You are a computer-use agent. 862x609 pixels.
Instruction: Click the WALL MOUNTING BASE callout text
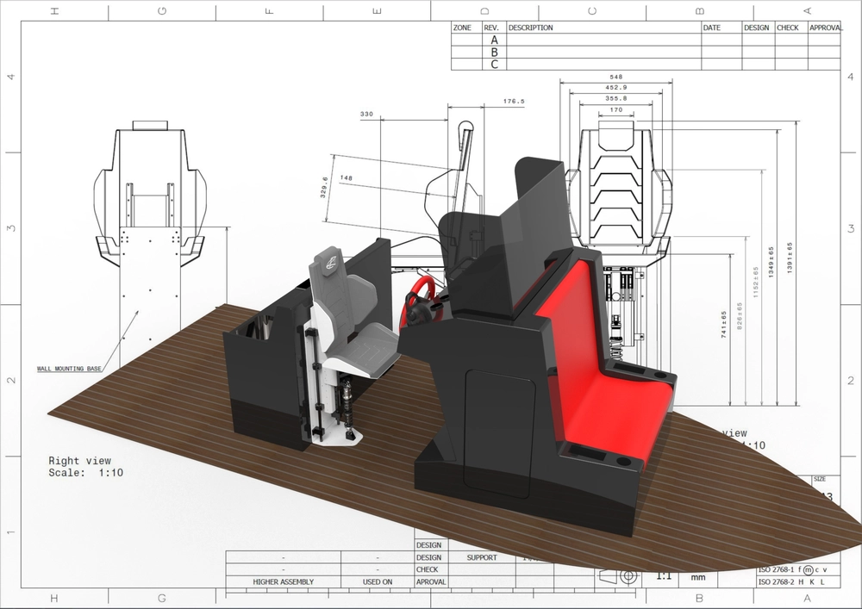tap(69, 369)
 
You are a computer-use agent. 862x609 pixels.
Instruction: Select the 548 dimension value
tap(615, 76)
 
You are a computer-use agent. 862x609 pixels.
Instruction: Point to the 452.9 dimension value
tap(615, 87)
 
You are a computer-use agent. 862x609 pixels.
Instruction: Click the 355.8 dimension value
tap(615, 98)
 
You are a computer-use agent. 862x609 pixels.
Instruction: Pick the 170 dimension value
tap(615, 109)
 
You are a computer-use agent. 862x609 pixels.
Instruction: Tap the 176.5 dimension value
tap(514, 102)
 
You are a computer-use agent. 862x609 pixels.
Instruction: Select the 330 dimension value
tap(366, 114)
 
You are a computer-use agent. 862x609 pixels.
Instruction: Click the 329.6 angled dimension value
tap(325, 187)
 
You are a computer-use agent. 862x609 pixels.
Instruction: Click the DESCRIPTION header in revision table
tap(530, 28)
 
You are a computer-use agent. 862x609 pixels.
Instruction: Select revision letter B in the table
tap(494, 52)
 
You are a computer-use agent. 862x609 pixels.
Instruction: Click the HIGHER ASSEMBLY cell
tap(283, 581)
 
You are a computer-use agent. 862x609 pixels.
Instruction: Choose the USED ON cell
tap(378, 581)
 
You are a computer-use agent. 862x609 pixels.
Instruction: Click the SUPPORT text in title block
tap(482, 557)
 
